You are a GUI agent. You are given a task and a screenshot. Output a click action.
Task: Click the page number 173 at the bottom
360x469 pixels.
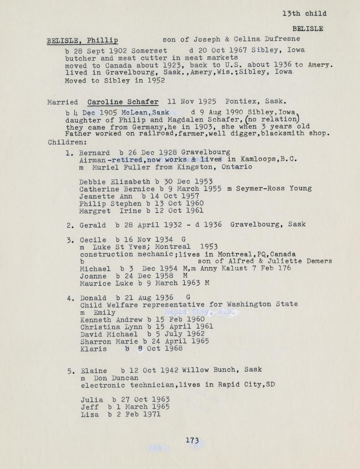[x=192, y=440]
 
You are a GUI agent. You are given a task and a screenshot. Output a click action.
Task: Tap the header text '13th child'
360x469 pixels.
[x=304, y=14]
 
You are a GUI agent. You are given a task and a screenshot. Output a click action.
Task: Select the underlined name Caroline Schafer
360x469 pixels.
[x=123, y=102]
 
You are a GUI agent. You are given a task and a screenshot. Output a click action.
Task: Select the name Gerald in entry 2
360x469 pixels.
[x=92, y=225]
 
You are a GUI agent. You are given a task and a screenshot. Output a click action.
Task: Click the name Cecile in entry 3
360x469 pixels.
[x=93, y=240]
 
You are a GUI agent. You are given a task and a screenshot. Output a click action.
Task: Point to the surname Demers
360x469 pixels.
[x=319, y=261]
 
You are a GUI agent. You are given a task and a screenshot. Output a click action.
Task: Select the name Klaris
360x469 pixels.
[x=93, y=349]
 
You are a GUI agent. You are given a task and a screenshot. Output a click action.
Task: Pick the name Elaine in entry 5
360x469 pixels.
[x=94, y=370]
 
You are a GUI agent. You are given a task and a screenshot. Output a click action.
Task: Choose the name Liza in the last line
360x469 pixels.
[x=90, y=415]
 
